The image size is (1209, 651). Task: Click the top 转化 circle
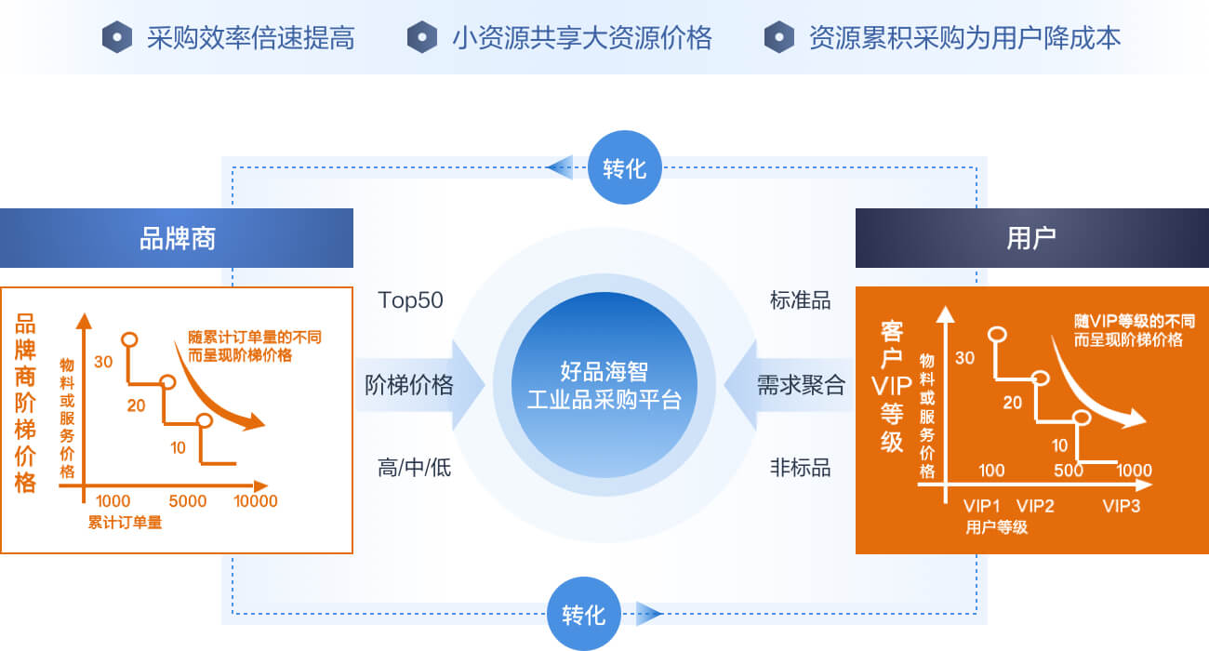pyautogui.click(x=624, y=167)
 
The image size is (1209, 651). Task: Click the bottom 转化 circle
pyautogui.click(x=584, y=614)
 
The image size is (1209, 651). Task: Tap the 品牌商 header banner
pyautogui.click(x=177, y=238)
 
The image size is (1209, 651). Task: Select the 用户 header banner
pyautogui.click(x=1032, y=238)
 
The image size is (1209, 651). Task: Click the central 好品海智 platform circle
pyautogui.click(x=604, y=385)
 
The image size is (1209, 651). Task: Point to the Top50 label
pyautogui.click(x=411, y=300)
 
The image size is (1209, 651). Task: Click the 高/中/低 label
pyautogui.click(x=414, y=468)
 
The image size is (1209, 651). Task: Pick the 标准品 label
pyautogui.click(x=800, y=300)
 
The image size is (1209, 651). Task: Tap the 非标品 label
pyautogui.click(x=800, y=468)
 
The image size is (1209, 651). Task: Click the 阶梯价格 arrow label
pyautogui.click(x=409, y=385)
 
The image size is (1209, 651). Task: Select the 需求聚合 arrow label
pyautogui.click(x=801, y=385)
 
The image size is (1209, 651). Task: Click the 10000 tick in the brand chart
pyautogui.click(x=256, y=501)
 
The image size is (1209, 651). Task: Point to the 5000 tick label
pyautogui.click(x=187, y=501)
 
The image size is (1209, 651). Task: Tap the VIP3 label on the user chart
pyautogui.click(x=1121, y=506)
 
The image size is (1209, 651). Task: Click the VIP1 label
pyautogui.click(x=982, y=506)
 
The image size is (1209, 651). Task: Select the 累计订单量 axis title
pyautogui.click(x=125, y=523)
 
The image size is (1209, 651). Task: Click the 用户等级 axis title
pyautogui.click(x=996, y=527)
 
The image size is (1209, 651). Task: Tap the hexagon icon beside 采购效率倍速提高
pyautogui.click(x=117, y=37)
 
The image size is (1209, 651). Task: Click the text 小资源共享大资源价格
pyautogui.click(x=582, y=38)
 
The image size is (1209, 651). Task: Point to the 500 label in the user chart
pyautogui.click(x=1069, y=471)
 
